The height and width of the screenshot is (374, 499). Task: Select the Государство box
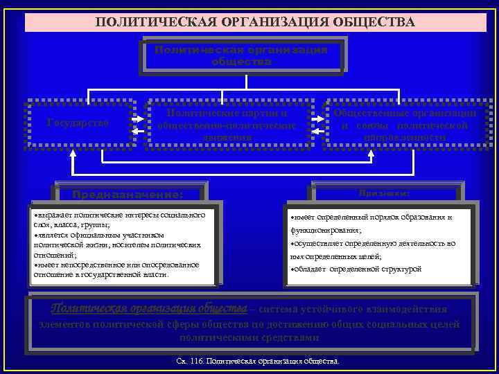click(x=78, y=123)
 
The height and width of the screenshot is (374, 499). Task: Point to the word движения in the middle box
click(x=228, y=137)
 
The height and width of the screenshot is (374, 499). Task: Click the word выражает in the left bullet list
click(x=56, y=216)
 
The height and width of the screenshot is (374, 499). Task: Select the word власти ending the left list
click(x=156, y=274)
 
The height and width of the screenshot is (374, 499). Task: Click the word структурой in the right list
click(x=401, y=269)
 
